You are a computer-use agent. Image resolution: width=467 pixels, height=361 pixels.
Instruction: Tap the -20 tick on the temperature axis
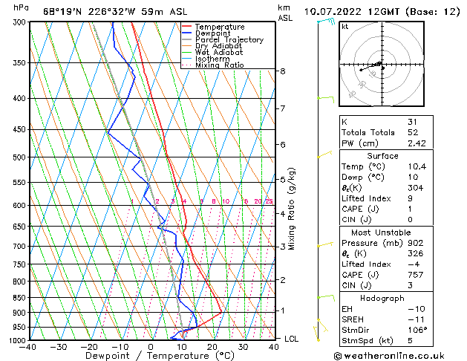(88, 347)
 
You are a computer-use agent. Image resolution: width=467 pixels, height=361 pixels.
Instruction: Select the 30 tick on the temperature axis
(244, 347)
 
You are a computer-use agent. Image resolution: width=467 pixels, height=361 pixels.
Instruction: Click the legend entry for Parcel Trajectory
(229, 40)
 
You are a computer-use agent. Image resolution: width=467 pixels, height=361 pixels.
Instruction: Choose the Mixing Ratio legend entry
(219, 65)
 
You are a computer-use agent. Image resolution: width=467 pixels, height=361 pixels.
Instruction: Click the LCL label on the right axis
(293, 339)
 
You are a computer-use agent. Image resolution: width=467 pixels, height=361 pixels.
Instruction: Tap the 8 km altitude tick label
(282, 71)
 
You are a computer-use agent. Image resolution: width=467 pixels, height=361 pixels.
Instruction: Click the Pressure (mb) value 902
(415, 242)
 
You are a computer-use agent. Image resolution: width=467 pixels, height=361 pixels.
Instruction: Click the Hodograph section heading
(383, 298)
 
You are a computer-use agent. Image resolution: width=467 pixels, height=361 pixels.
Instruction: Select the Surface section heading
(383, 156)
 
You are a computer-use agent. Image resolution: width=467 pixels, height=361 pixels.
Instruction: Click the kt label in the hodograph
(344, 27)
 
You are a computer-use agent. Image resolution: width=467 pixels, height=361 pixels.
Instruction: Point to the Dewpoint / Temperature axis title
(150, 356)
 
